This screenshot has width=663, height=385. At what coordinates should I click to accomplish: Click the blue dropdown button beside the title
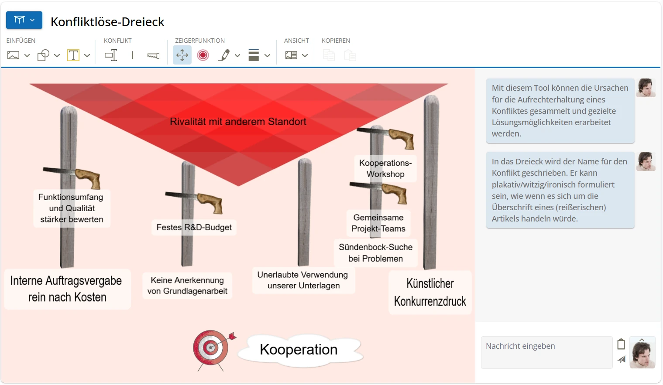[x=24, y=20]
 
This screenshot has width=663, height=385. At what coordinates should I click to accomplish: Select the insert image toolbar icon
[x=14, y=55]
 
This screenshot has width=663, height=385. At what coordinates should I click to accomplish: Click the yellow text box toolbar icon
[x=73, y=55]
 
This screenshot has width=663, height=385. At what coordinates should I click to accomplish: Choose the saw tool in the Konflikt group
[x=153, y=55]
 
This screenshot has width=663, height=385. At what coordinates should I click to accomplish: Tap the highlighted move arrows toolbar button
[x=182, y=55]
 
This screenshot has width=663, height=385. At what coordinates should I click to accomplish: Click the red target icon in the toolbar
[x=203, y=55]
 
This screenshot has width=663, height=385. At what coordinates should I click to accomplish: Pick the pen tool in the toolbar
[x=224, y=55]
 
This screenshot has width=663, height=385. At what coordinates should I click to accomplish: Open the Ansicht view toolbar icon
[x=291, y=55]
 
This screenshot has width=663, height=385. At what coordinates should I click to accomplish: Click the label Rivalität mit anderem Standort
[x=238, y=122]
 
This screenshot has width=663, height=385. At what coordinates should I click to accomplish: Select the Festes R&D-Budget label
[x=194, y=227]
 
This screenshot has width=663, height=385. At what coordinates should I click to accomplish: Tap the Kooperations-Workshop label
[x=385, y=168]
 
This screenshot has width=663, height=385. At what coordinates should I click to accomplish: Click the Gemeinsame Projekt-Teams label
[x=378, y=223]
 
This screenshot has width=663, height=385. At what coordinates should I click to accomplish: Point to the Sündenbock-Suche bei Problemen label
[x=376, y=253]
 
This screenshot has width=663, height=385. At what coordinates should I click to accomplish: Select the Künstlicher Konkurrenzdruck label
[x=430, y=292]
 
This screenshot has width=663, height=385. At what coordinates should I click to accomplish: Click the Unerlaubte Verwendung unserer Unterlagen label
[x=303, y=280]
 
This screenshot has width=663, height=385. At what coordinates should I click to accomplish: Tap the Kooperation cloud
[x=299, y=349]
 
